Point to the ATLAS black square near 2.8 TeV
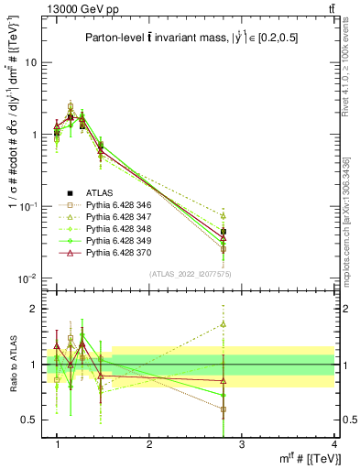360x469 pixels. click(224, 232)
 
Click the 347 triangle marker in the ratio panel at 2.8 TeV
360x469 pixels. click(224, 323)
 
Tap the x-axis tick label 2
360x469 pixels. click(149, 444)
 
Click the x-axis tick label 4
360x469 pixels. click(334, 444)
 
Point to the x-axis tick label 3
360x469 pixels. click(242, 444)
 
